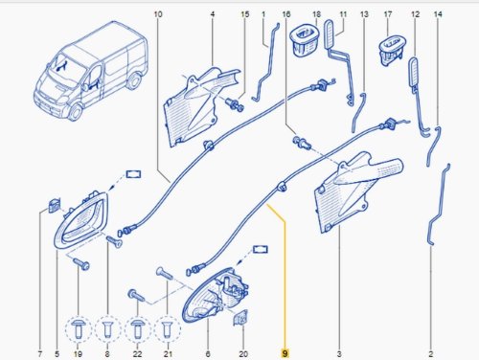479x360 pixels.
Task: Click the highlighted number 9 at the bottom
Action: pyautogui.click(x=285, y=353)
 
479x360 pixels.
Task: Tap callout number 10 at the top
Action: pyautogui.click(x=158, y=14)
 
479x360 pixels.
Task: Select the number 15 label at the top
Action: pyautogui.click(x=244, y=14)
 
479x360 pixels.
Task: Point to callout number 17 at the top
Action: pyautogui.click(x=388, y=14)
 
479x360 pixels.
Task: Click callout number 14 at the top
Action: pyautogui.click(x=438, y=14)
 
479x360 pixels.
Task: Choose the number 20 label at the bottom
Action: pyautogui.click(x=243, y=353)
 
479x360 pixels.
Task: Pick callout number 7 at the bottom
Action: pyautogui.click(x=40, y=353)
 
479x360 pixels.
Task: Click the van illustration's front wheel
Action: pyautogui.click(x=76, y=111)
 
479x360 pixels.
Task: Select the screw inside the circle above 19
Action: pyautogui.click(x=79, y=328)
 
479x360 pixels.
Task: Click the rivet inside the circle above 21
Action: pyautogui.click(x=168, y=328)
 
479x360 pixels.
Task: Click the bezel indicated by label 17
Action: pyautogui.click(x=390, y=51)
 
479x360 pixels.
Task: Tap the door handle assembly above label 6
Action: pyautogui.click(x=216, y=295)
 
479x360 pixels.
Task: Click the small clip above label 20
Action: pyautogui.click(x=240, y=318)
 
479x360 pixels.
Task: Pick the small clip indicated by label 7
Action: pyautogui.click(x=55, y=205)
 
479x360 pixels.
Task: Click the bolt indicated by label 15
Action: pyautogui.click(x=235, y=105)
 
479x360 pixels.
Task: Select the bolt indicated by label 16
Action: pyautogui.click(x=302, y=142)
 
